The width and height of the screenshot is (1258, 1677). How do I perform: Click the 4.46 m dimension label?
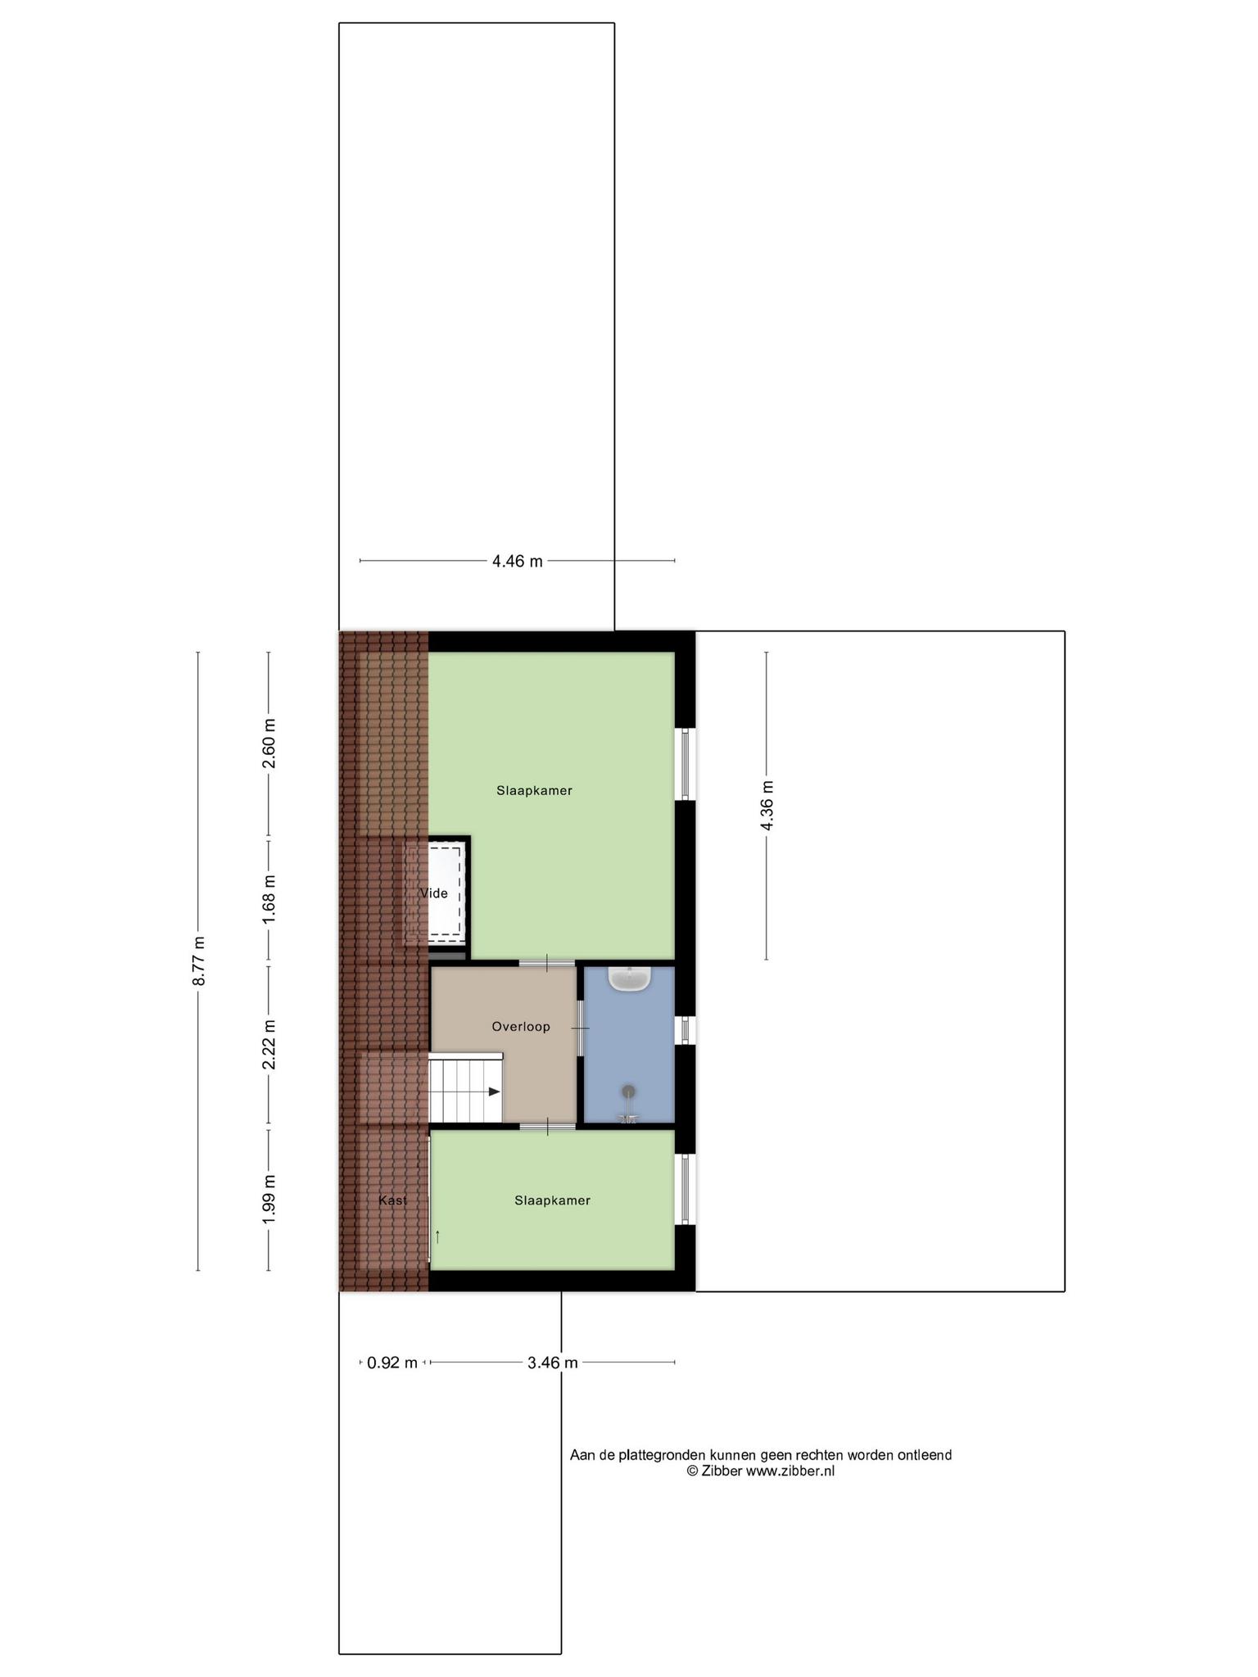(517, 562)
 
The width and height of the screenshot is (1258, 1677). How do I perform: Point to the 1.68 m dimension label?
(269, 899)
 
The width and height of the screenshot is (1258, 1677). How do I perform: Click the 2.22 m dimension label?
(269, 1044)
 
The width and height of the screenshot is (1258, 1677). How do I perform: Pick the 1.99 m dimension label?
(269, 1200)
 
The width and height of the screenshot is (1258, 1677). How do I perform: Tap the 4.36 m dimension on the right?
(767, 805)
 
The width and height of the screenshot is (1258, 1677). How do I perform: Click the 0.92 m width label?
(392, 1363)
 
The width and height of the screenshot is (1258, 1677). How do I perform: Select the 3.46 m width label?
(553, 1363)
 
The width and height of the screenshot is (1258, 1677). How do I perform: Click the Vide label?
(433, 893)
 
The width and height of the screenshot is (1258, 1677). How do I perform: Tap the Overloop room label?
(521, 1027)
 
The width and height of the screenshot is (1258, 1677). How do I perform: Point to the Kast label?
(393, 1200)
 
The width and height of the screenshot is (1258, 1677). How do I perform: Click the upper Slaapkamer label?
(534, 791)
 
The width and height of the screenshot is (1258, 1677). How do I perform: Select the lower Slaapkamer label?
(553, 1200)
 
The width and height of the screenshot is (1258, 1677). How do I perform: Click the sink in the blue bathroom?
(630, 979)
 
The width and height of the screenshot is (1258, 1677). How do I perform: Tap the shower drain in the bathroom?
(628, 1091)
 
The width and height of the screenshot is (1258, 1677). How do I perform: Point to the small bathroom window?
(686, 1029)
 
